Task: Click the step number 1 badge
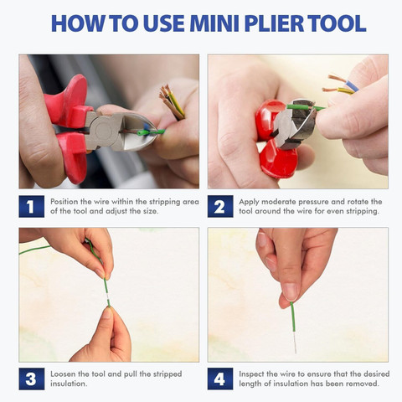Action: [x=32, y=207]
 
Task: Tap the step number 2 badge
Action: [x=220, y=207]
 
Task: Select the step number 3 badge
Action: [x=32, y=379]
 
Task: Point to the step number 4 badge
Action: [x=220, y=379]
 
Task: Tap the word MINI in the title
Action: [x=214, y=23]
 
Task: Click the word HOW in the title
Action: [x=77, y=23]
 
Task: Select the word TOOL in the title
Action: [x=337, y=23]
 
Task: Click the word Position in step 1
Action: [x=64, y=202]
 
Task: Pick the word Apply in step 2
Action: [x=249, y=202]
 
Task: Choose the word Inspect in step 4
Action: [x=251, y=374]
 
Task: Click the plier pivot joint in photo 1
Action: [x=104, y=131]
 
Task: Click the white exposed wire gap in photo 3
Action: [x=106, y=295]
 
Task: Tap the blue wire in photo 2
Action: [x=352, y=86]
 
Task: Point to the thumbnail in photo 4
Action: [x=290, y=292]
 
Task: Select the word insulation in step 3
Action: [x=69, y=384]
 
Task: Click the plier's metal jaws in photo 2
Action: [x=296, y=124]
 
